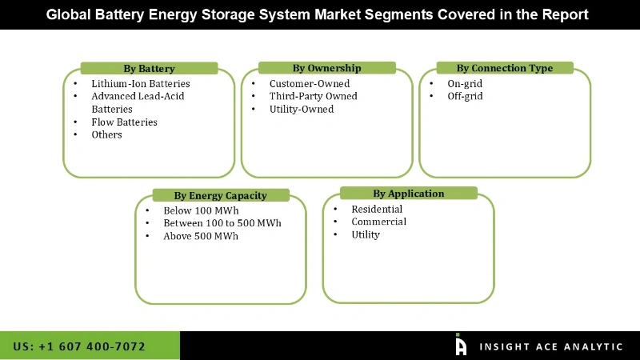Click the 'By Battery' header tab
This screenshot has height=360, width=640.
point(149,69)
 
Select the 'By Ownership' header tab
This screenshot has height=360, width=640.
point(326,68)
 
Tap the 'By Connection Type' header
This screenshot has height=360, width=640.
point(504,68)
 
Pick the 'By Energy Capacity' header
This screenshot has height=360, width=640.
point(220,195)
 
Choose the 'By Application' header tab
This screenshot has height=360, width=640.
point(408,194)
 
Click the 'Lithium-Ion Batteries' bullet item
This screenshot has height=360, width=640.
point(140,83)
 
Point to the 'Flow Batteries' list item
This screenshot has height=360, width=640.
point(124,122)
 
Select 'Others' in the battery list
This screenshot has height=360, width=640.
point(106,135)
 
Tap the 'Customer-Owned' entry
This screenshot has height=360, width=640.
point(310,83)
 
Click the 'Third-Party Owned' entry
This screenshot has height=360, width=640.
point(313,96)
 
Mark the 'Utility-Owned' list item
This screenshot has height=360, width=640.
point(302,110)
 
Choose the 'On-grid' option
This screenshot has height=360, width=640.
point(465,83)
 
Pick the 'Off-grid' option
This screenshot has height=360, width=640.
point(465,96)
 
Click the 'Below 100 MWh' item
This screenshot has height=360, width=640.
point(201,210)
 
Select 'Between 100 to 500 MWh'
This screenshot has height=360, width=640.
point(222,223)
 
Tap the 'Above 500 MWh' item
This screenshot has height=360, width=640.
point(200,236)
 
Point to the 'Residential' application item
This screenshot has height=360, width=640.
point(377,209)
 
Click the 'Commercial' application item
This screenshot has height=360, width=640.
point(378,222)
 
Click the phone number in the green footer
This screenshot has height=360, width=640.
point(79,346)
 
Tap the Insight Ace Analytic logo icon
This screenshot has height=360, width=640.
point(461,345)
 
